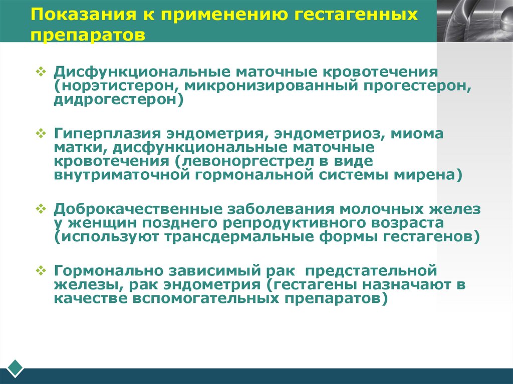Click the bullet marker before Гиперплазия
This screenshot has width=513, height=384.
click(x=42, y=134)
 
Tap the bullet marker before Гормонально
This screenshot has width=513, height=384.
click(x=42, y=270)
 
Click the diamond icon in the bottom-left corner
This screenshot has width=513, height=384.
click(x=16, y=367)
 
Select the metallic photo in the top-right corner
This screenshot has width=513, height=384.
click(x=474, y=20)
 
